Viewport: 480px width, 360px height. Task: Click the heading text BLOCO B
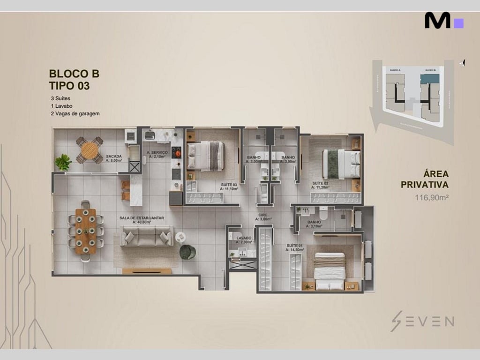[x=74, y=74]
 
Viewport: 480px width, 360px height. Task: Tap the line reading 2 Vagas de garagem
[x=75, y=113]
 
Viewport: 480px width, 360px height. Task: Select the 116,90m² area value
[x=432, y=197]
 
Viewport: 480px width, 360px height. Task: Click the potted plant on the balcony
[x=63, y=163]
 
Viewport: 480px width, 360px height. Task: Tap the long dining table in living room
[x=85, y=231]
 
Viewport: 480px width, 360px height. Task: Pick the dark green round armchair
[x=187, y=252]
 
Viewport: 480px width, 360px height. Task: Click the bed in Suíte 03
[x=206, y=156]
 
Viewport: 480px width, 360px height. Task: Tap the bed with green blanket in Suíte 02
[x=341, y=164]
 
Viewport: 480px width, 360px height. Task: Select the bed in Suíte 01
[x=329, y=271]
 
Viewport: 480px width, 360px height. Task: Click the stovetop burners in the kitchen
[x=177, y=152]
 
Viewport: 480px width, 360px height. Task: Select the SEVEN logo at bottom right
[x=422, y=321]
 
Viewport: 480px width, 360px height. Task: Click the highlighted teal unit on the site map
[x=429, y=78]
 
